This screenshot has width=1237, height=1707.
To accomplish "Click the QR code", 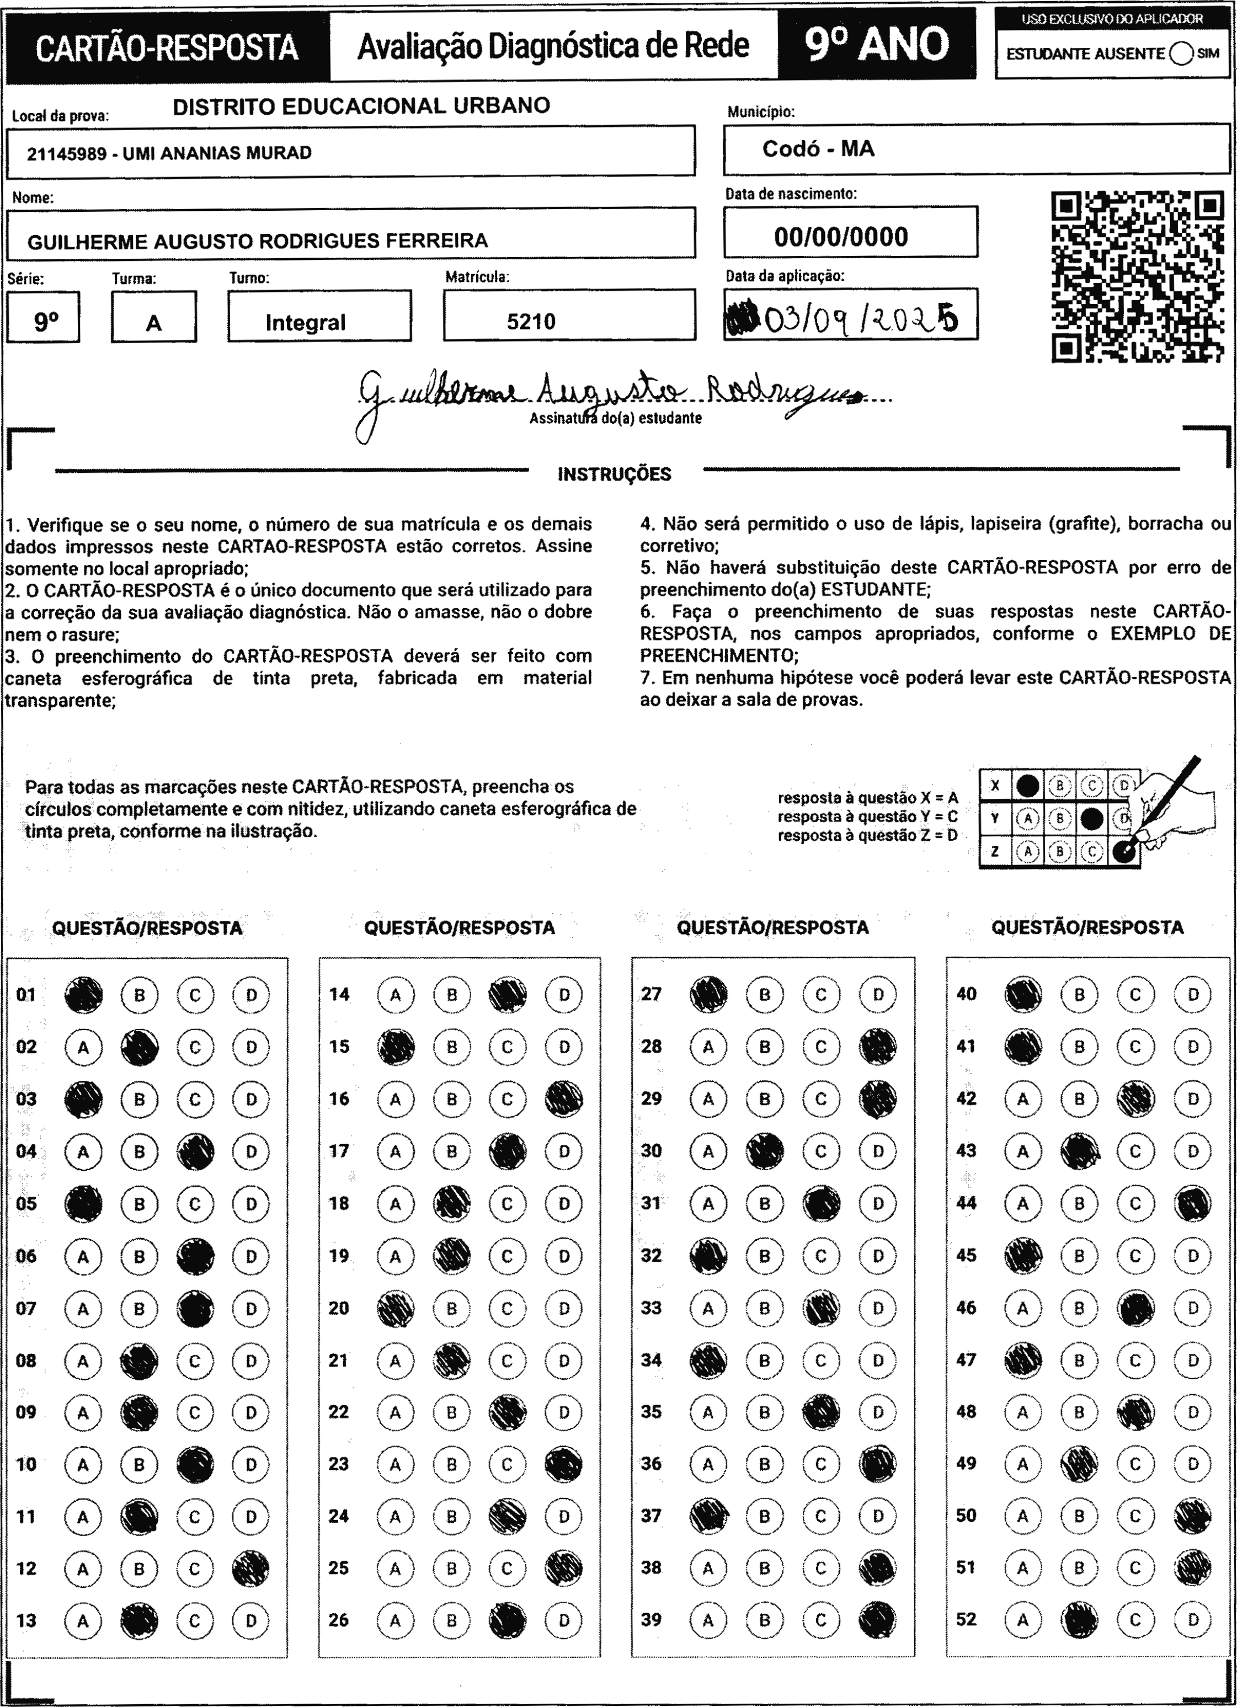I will (1137, 277).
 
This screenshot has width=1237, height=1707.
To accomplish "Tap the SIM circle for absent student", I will (1181, 54).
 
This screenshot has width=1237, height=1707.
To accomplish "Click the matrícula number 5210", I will (531, 322).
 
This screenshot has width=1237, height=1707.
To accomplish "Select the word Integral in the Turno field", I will (305, 322).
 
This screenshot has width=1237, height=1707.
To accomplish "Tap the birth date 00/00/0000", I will (841, 237).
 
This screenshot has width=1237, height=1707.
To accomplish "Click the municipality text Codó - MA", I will (818, 149).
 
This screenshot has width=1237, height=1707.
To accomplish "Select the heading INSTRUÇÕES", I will (614, 474).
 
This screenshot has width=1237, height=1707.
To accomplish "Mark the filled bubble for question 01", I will (83, 994).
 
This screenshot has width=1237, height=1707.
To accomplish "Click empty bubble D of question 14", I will (564, 994).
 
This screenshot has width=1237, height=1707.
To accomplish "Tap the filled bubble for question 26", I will (508, 1620).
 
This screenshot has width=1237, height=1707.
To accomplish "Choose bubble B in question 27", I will (764, 994).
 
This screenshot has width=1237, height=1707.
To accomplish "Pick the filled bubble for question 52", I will (1079, 1620).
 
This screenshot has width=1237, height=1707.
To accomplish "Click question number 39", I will (651, 1620).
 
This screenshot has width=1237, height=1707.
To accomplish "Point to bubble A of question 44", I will (1022, 1203).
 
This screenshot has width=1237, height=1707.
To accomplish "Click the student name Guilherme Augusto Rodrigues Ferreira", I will (258, 241).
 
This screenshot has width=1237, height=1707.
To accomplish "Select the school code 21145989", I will (66, 153).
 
